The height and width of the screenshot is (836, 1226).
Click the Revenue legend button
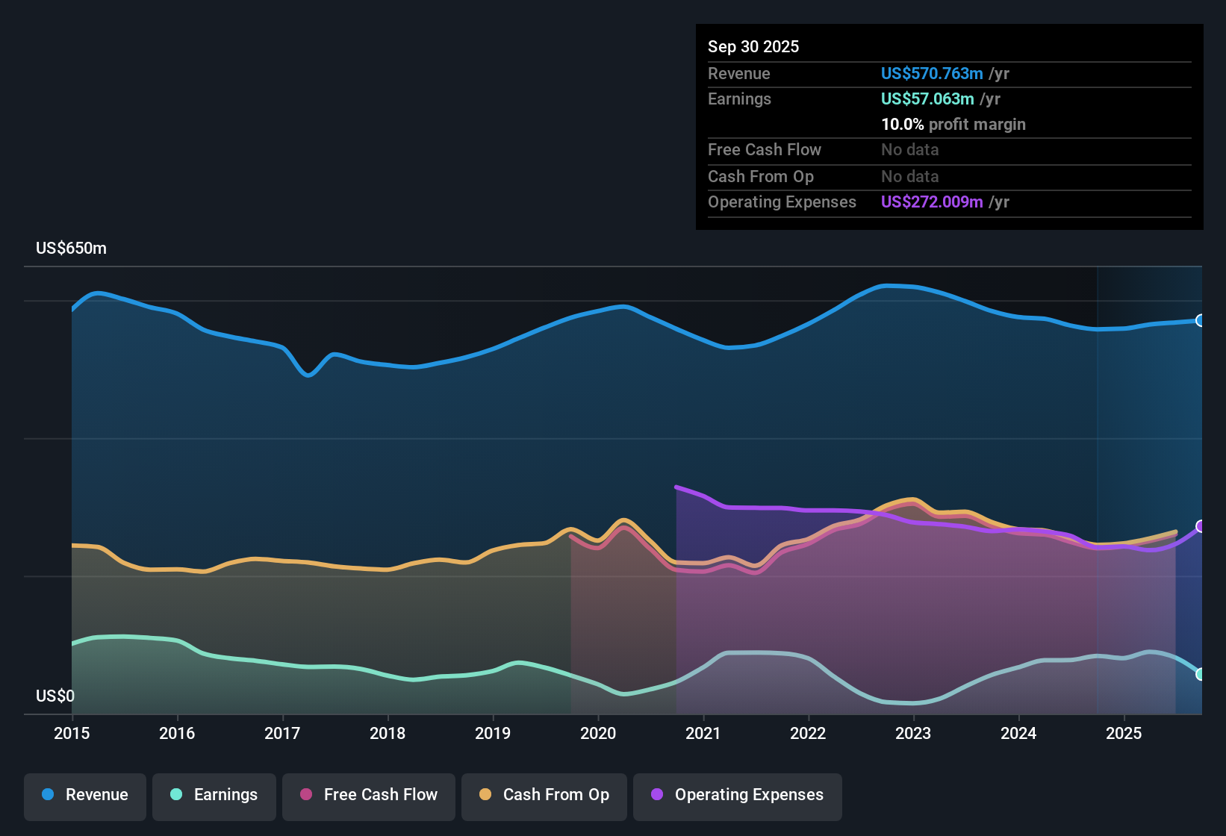coord(85,795)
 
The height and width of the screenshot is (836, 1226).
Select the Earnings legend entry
coord(214,795)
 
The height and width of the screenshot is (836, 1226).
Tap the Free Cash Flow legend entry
coord(369,795)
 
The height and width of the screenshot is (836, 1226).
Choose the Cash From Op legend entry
coord(544,795)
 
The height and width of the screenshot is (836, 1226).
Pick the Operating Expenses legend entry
coord(738,795)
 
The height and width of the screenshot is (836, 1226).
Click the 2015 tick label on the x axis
coord(72,734)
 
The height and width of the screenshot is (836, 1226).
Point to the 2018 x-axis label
coord(388,734)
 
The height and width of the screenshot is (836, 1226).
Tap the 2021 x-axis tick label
coord(703,734)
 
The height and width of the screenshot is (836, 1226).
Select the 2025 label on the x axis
coord(1123,734)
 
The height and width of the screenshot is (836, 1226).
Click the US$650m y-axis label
coord(71,249)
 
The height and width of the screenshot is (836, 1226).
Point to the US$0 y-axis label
coord(55,696)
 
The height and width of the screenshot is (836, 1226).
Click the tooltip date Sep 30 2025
coord(753,47)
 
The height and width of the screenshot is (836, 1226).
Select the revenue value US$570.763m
coord(931,74)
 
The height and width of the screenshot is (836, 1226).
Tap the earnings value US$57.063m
coord(927,99)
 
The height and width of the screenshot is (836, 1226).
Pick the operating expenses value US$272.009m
coord(931,202)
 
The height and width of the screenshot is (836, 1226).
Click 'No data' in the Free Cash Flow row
coord(909,150)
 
